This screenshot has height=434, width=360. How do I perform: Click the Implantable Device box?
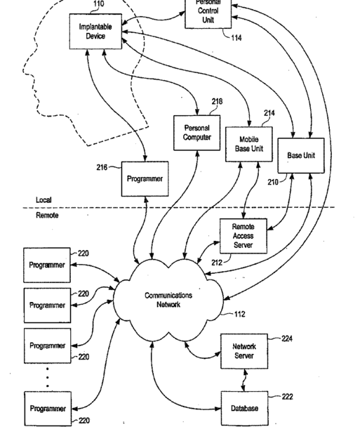pyautogui.click(x=95, y=32)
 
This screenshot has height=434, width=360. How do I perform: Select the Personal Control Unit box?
pyautogui.click(x=208, y=13)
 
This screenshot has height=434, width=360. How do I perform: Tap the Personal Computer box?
pyautogui.click(x=197, y=133)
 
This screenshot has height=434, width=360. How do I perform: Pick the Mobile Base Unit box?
pyautogui.click(x=249, y=144)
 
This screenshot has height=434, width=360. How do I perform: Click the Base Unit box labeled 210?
pyautogui.click(x=301, y=156)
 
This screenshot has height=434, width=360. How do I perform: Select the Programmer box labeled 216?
pyautogui.click(x=145, y=179)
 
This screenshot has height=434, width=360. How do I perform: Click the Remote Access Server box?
pyautogui.click(x=244, y=236)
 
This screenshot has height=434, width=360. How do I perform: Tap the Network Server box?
pyautogui.click(x=244, y=351)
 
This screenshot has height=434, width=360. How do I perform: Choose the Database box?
pyautogui.click(x=244, y=408)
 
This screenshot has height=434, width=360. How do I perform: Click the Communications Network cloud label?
pyautogui.click(x=168, y=300)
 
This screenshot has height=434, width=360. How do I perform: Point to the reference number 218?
pyautogui.click(x=217, y=102)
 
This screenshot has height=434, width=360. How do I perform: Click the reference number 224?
pyautogui.click(x=287, y=338)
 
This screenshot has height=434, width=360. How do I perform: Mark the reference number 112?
pyautogui.click(x=239, y=314)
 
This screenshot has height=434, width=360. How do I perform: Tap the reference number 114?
pyautogui.click(x=236, y=38)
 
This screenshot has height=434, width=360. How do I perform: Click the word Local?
pyautogui.click(x=44, y=200)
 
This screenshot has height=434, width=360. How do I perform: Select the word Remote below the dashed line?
pyautogui.click(x=47, y=215)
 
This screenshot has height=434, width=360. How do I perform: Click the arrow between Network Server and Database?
pyautogui.click(x=244, y=380)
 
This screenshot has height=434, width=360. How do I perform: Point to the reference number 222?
pyautogui.click(x=287, y=397)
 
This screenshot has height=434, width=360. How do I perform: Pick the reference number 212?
pyautogui.click(x=217, y=263)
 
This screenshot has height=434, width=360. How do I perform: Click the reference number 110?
pyautogui.click(x=99, y=4)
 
